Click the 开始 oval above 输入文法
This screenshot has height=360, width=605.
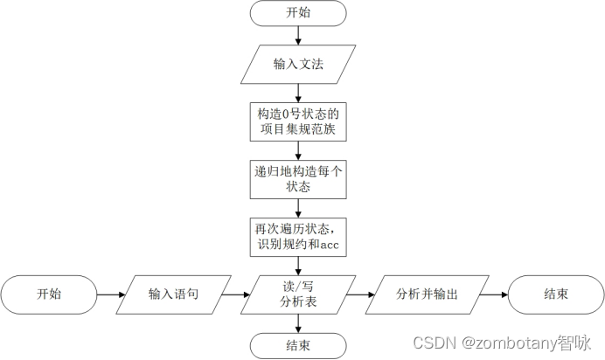pos(299,14)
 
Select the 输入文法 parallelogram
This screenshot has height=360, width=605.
pos(299,64)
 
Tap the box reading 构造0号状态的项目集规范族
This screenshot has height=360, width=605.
pos(299,122)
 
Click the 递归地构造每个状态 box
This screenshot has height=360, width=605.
pos(299,178)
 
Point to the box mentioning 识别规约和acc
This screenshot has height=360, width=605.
pos(299,236)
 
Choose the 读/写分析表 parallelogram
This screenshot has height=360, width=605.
pos(299,294)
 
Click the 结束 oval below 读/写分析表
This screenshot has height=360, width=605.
pos(299,345)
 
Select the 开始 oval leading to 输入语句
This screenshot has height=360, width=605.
pos(48,294)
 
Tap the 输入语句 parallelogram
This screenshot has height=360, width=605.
pos(173,294)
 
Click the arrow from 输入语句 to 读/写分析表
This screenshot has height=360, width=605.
pos(237,294)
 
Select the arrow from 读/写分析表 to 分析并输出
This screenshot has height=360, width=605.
pos(363,294)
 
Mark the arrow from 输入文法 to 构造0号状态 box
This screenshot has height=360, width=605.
pos(299,93)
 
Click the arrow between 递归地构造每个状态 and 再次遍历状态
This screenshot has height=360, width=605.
pos(299,207)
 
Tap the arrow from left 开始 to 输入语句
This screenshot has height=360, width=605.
pos(109,294)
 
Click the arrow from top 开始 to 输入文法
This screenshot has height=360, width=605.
pos(299,36)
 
